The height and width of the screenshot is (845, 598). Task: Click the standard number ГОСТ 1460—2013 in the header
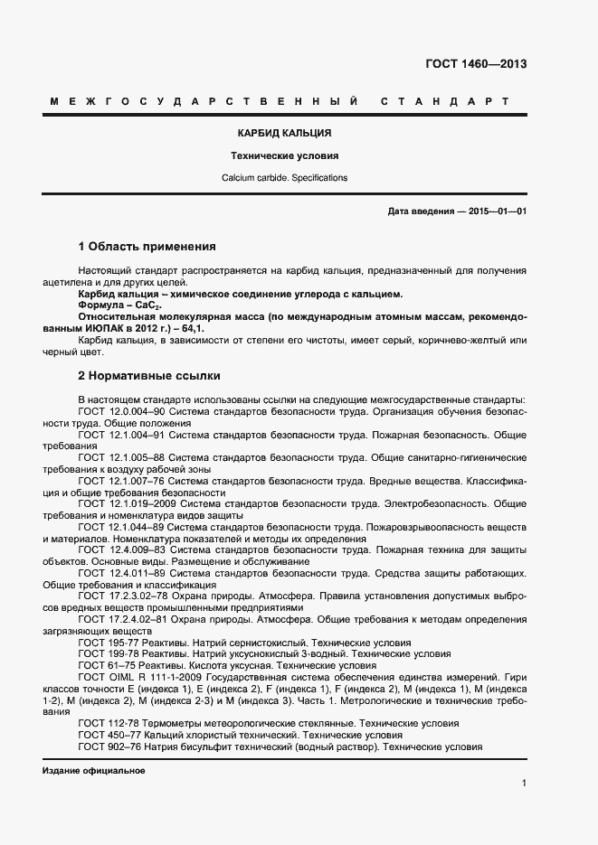click(x=475, y=64)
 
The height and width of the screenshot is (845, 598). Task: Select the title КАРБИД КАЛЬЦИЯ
click(x=284, y=133)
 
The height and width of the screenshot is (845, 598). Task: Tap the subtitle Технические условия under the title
click(x=284, y=155)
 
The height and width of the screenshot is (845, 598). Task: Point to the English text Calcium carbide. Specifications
click(x=284, y=178)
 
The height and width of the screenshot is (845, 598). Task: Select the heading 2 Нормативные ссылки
click(x=149, y=375)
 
